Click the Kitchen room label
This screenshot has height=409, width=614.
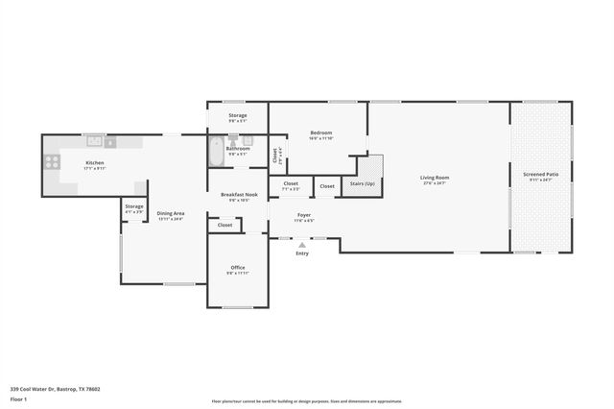[95, 163]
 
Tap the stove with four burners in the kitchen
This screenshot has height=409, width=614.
[51, 163]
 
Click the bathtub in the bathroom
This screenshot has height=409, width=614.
[216, 153]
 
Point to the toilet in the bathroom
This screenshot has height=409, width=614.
[232, 140]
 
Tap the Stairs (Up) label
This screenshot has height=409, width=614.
[362, 182]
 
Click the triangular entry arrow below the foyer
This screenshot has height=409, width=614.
[302, 245]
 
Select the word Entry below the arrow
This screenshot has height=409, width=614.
[302, 253]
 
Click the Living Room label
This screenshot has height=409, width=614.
[435, 178]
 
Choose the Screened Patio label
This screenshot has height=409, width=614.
[541, 175]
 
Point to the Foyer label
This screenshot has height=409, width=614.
[303, 215]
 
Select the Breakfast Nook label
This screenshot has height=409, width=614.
[238, 195]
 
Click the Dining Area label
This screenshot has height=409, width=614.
[171, 213]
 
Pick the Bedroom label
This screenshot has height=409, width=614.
[320, 133]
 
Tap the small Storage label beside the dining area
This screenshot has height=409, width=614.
[133, 206]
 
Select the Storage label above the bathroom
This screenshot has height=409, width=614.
[237, 116]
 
